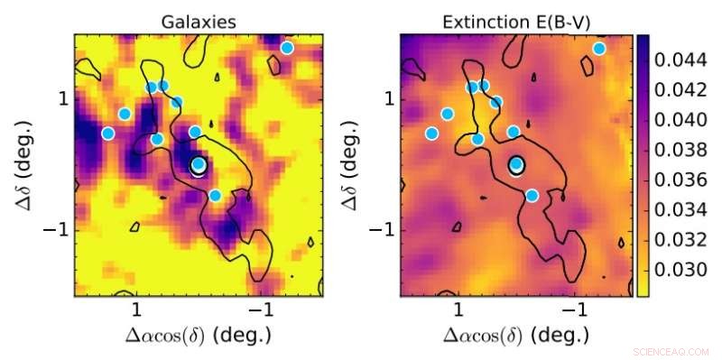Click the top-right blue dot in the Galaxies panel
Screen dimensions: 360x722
[x=287, y=48]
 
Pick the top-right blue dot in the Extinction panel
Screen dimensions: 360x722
[x=599, y=48]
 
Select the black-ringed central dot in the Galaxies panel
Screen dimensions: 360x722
[x=199, y=165]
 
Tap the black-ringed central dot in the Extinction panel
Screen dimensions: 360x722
[x=516, y=164]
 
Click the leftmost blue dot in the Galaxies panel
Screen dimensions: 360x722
[x=108, y=134]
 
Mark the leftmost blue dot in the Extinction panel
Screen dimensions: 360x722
[x=431, y=134]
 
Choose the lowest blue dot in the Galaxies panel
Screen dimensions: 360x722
[x=215, y=195]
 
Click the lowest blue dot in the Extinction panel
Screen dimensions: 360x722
[x=532, y=195]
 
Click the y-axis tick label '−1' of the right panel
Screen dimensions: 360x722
[x=382, y=230]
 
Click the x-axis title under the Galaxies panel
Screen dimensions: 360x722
[x=198, y=335]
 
